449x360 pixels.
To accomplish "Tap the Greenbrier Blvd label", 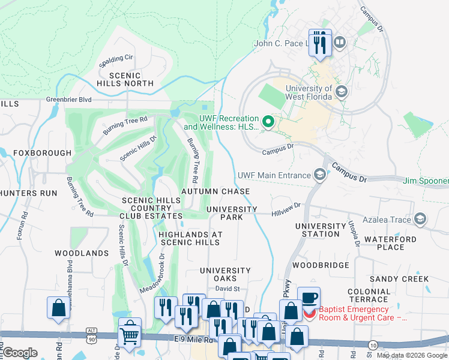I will [69, 100].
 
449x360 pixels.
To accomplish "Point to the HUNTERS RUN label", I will [28, 193].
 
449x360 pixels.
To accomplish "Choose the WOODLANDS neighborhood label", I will [82, 253].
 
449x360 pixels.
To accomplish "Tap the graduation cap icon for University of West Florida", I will [342, 91].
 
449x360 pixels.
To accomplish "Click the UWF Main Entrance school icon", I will [320, 175].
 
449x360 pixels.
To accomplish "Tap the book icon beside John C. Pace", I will [339, 43].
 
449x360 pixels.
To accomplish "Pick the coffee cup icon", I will [309, 298].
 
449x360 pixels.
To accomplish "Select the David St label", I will [228, 289].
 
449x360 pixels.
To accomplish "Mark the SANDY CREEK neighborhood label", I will [399, 279].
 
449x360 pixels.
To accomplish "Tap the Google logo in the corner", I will [20, 353].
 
